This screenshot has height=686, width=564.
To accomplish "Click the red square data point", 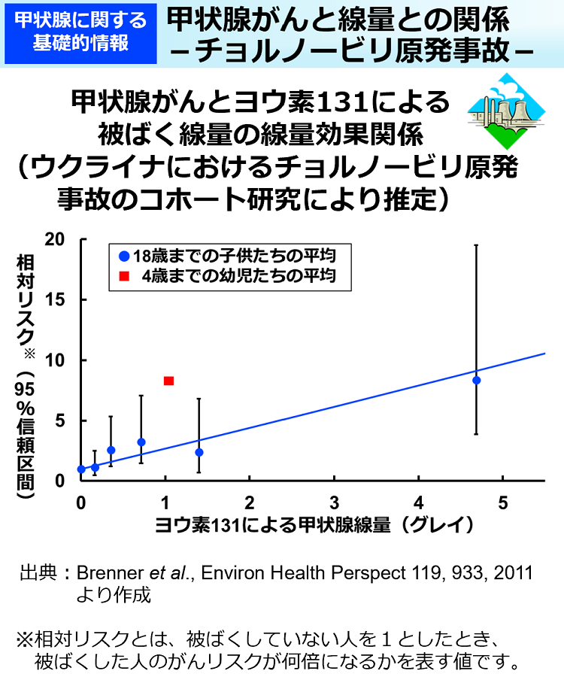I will pyautogui.click(x=168, y=381).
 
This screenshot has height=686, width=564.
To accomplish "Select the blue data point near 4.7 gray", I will pyautogui.click(x=476, y=380).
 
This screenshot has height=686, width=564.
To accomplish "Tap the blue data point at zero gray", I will pyautogui.click(x=81, y=469).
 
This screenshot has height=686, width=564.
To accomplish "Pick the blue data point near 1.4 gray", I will pyautogui.click(x=199, y=452).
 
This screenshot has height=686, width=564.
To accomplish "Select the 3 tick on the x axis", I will pyautogui.click(x=334, y=503).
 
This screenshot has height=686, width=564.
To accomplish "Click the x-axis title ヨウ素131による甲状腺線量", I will pyautogui.click(x=274, y=524).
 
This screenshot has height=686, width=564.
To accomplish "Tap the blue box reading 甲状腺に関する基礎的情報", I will pyautogui.click(x=80, y=32).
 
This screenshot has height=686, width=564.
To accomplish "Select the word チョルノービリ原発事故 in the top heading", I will pyautogui.click(x=361, y=50).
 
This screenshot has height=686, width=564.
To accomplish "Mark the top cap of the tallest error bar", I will pyautogui.click(x=476, y=244).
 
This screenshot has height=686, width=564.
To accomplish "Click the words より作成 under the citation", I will pyautogui.click(x=114, y=596).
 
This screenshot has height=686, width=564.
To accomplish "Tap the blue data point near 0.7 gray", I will pyautogui.click(x=141, y=442).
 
